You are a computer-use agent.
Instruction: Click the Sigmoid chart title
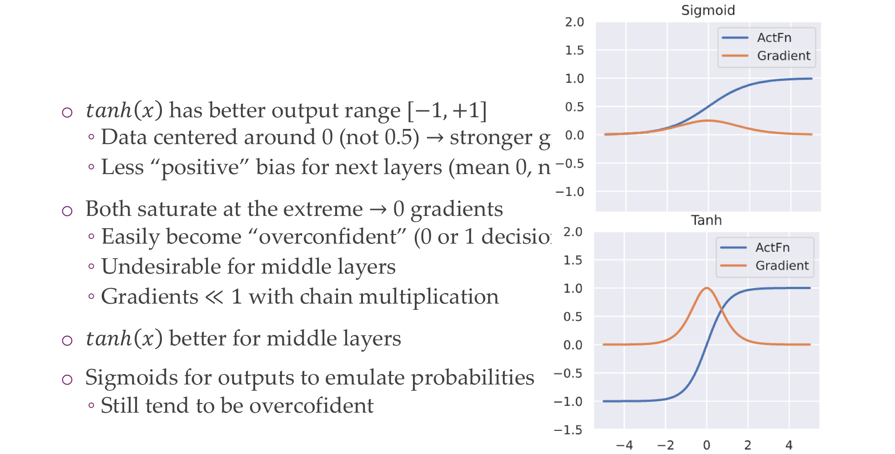[x=708, y=10]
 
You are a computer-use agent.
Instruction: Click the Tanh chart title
[x=706, y=220]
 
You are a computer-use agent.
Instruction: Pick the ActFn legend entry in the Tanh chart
[x=772, y=247]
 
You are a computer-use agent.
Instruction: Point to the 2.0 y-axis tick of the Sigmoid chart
[x=574, y=22]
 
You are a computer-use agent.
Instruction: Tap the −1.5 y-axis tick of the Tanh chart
[x=568, y=429]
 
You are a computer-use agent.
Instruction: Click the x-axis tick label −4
[x=624, y=445]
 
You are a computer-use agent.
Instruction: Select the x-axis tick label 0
[x=706, y=445]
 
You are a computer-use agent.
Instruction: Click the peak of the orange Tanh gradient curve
[x=706, y=288]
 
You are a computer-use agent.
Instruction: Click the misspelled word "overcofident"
[x=312, y=405]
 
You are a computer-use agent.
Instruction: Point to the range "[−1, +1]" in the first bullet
[x=447, y=110]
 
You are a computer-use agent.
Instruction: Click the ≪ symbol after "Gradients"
[x=214, y=297]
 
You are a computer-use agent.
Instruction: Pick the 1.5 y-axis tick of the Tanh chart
[x=573, y=260]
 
